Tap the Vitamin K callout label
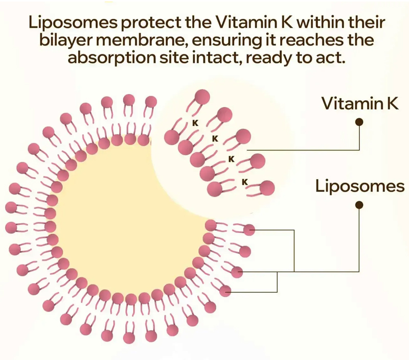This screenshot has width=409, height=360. click(359, 104)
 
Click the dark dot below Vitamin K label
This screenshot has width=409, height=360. click(359, 122)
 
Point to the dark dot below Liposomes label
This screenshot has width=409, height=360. click(359, 205)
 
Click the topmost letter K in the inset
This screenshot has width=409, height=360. click(194, 123)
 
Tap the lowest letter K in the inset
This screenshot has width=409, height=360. click(244, 182)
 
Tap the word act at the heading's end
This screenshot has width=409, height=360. click(332, 57)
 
